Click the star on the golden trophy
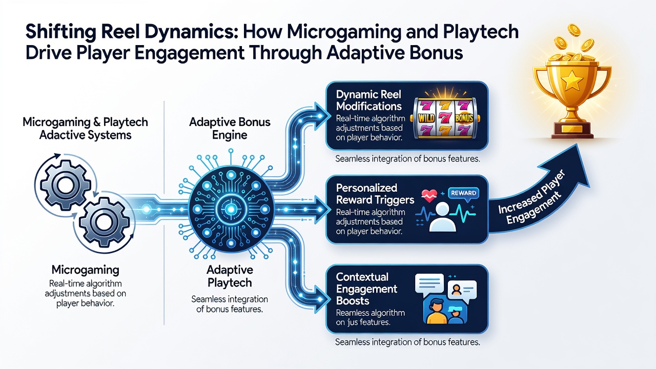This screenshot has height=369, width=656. coord(571,81)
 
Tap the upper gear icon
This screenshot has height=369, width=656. coord(63,186)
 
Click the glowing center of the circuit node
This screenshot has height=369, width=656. coord(231,209)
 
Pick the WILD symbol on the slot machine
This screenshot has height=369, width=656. coord(424,118)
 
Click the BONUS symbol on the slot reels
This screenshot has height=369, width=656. coord(464,118)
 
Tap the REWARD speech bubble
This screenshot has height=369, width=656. coord(464,193)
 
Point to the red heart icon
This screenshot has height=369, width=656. coord(429,196)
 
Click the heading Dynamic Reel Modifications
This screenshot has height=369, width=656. coord(368,100)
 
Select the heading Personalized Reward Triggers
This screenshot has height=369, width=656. coord(375,194)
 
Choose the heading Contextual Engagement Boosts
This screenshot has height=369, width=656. coord(366,289)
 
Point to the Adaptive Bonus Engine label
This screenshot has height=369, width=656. coord(230,129)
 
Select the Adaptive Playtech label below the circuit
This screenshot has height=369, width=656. coord(230,276)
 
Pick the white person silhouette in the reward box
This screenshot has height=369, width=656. coord(442,217)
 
